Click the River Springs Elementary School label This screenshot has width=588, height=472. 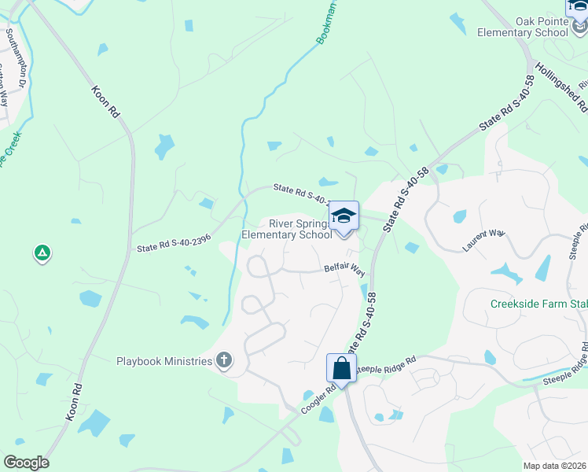286,229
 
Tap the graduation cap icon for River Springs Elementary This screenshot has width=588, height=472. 344,216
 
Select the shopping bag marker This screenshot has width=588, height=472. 341,368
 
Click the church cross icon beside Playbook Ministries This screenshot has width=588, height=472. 224,361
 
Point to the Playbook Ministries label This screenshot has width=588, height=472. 164,361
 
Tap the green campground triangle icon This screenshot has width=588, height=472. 42,253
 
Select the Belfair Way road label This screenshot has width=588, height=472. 344,270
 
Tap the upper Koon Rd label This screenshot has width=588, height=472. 105,101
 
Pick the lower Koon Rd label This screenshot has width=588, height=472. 75,402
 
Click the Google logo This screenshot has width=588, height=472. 25,463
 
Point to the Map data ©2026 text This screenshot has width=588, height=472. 553,466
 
